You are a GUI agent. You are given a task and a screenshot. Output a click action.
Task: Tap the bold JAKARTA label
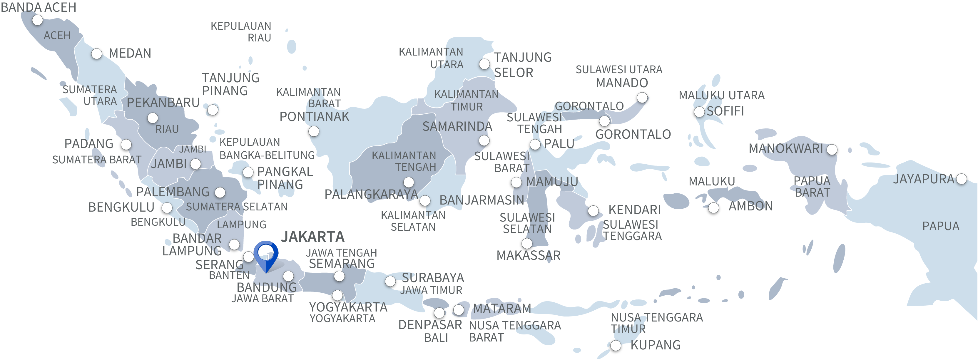pos(312,237)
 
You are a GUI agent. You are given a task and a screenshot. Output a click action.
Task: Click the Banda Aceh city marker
pos(37,20)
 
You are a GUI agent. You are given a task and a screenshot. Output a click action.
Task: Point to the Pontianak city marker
pos(314,131)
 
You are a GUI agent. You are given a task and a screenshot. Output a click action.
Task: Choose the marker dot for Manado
pos(642,98)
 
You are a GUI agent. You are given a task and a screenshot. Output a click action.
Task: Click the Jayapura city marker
pos(962,178)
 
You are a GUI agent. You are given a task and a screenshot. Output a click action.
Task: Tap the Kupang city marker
pos(616,346)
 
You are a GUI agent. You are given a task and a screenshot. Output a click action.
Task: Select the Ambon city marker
pos(714,208)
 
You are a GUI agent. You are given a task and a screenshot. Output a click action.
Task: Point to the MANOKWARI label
pos(785,148)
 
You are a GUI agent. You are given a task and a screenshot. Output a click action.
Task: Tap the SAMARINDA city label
pos(457,126)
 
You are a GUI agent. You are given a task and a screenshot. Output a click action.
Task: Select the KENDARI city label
pos(634,210)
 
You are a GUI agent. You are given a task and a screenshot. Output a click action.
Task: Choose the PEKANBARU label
pos(163,103)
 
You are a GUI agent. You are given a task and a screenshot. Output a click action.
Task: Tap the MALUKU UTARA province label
pos(721,95)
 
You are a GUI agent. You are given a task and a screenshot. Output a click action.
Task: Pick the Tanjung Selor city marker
pos(485,64)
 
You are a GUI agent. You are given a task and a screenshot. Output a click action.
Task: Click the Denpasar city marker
pos(439,313)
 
